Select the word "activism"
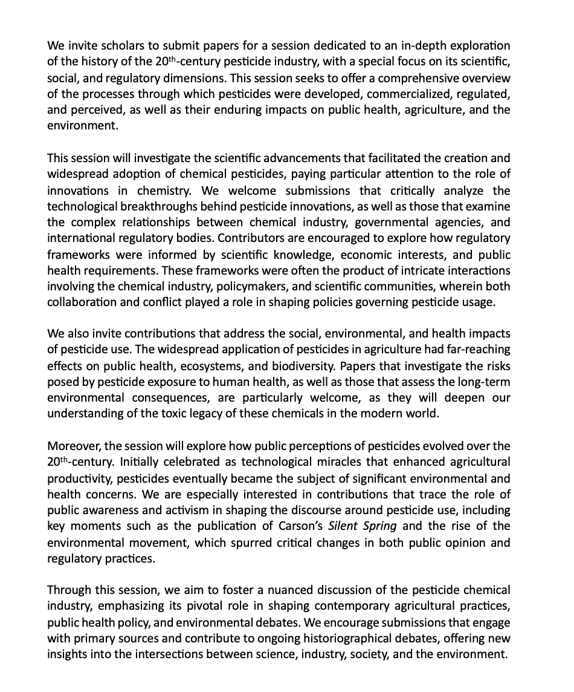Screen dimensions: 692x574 pos(179,510)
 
